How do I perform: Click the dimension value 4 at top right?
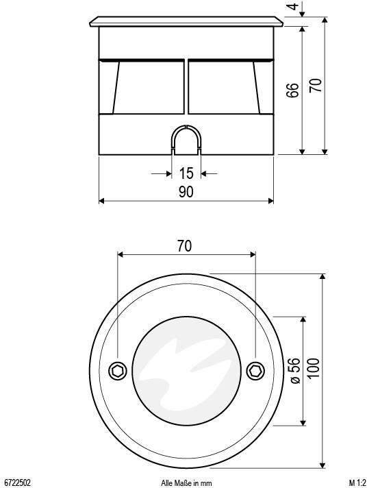click(293, 8)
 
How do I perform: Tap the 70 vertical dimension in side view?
click(316, 85)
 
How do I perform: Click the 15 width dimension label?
click(186, 173)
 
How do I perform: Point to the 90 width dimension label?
click(186, 193)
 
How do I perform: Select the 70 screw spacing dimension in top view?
click(185, 246)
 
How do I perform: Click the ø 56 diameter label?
click(294, 371)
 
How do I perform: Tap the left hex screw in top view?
click(118, 371)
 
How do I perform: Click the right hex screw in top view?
click(255, 371)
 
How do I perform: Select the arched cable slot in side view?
click(186, 140)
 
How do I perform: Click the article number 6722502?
click(17, 483)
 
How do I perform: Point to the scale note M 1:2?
click(356, 483)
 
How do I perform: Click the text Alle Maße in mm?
click(186, 483)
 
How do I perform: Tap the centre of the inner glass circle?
click(186, 371)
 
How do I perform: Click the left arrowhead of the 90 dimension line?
click(102, 201)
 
